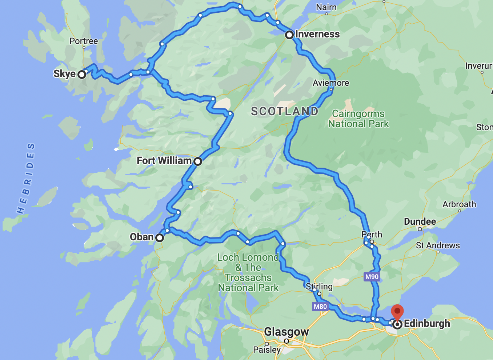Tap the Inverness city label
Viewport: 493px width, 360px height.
tap(317, 34)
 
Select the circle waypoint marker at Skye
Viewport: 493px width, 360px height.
tap(82, 75)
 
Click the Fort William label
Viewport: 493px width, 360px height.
tap(164, 160)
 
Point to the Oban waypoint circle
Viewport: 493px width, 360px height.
tap(160, 238)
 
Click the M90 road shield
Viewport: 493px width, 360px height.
tap(372, 277)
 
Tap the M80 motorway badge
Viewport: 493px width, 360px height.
tap(320, 307)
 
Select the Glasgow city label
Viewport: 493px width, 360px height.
tap(286, 332)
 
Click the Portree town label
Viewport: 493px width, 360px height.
tap(84, 41)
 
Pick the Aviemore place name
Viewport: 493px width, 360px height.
tap(330, 83)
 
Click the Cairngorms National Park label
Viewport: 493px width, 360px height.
tap(358, 119)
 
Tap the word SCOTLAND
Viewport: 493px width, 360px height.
tap(284, 111)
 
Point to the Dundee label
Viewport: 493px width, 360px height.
tap(420, 221)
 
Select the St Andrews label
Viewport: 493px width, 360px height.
tap(438, 245)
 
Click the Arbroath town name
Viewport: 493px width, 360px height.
tap(459, 204)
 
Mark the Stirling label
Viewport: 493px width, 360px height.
tap(319, 286)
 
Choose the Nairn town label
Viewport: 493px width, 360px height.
tap(326, 7)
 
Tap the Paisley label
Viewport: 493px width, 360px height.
tap(266, 350)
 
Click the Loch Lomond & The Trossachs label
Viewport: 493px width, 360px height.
tap(248, 272)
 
